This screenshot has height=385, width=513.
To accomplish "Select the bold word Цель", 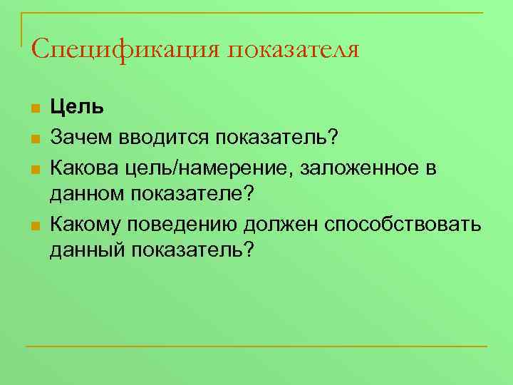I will (x=77, y=107).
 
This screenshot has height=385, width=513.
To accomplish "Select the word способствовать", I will (x=403, y=226).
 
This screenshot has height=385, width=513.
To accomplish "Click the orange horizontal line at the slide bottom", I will (x=256, y=346).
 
